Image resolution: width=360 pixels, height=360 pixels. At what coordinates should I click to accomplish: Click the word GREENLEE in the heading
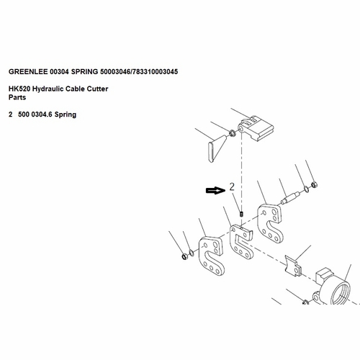click(x=28, y=71)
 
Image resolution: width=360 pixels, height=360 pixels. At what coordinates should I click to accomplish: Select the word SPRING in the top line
click(x=84, y=71)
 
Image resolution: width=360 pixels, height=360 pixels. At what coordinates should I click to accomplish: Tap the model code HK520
click(x=19, y=89)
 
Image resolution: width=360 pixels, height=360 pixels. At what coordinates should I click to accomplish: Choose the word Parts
click(x=17, y=97)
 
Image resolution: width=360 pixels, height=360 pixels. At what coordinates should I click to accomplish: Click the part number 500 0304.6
click(x=35, y=114)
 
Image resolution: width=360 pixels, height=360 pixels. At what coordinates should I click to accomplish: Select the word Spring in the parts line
click(x=66, y=114)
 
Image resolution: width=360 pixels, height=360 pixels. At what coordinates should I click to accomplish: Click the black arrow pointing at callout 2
click(x=215, y=191)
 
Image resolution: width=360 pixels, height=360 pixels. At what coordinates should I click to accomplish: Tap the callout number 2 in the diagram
click(x=232, y=186)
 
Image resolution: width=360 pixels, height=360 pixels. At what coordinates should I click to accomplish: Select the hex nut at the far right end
click(x=315, y=185)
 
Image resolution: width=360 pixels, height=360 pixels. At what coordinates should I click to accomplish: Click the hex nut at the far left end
click(x=184, y=256)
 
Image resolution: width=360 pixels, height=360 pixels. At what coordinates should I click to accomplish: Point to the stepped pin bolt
click(x=290, y=197)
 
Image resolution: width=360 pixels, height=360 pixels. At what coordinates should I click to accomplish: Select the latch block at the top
click(x=256, y=128)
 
